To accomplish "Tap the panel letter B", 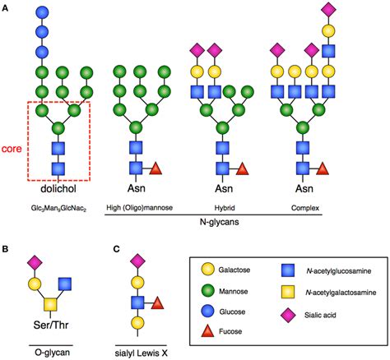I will pyautogui.click(x=7, y=246).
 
